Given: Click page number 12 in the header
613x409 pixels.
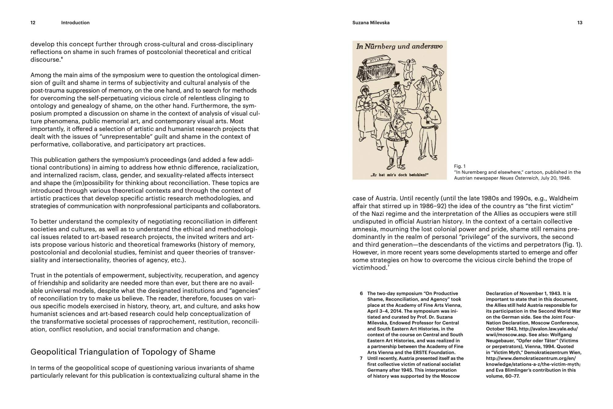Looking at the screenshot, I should [33, 23].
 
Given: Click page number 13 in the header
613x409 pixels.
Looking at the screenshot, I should [580, 23].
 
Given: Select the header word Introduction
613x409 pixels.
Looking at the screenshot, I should [75, 23].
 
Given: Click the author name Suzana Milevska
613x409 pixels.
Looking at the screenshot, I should [371, 23].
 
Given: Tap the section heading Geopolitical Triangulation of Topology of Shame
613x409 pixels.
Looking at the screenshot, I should [123, 352].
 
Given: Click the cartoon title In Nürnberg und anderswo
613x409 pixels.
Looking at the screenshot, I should [399, 47].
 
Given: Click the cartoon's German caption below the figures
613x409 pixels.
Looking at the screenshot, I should [395, 175].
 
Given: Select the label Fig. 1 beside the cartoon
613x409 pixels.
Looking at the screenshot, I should [459, 166].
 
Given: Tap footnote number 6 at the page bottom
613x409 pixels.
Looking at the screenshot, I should [361, 294].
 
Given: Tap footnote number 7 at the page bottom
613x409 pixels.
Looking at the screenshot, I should [361, 358].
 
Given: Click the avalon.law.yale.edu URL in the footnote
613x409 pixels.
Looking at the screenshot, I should [548, 329].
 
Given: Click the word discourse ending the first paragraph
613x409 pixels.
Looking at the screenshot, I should [45, 60].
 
